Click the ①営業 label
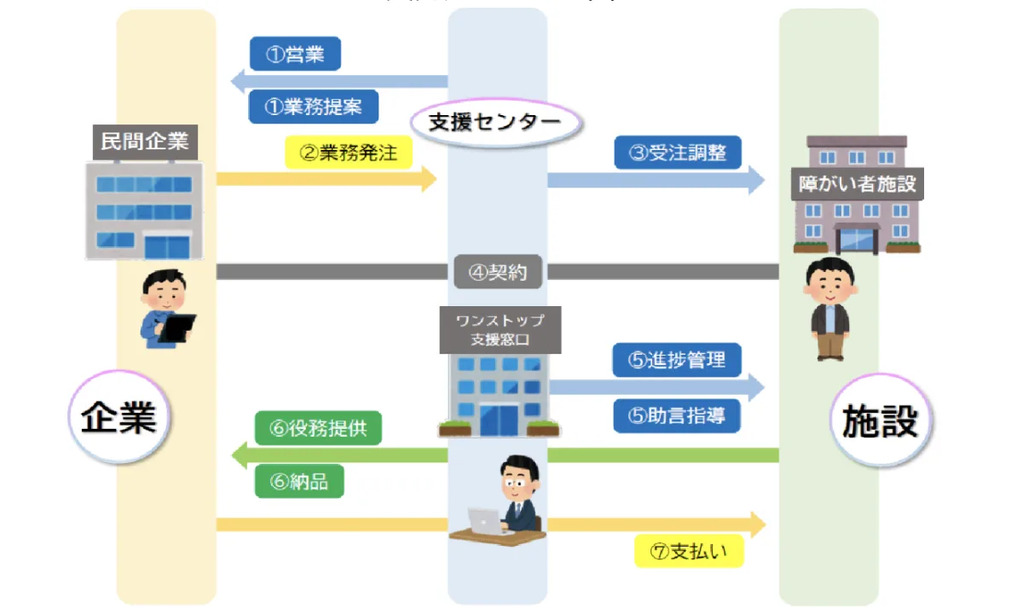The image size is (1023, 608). click(x=295, y=55)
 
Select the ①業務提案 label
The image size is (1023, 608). click(x=313, y=107)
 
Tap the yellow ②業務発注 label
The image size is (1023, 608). click(x=348, y=153)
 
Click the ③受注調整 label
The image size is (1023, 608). click(x=679, y=153)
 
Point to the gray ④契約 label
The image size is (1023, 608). click(x=498, y=272)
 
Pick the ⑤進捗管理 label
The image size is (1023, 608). click(x=677, y=360)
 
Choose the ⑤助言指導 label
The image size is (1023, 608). click(x=677, y=416)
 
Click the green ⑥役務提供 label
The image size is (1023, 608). click(x=319, y=428)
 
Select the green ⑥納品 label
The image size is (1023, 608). click(x=299, y=482)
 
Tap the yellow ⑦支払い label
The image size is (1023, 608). click(x=689, y=551)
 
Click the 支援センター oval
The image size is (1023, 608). click(x=495, y=123)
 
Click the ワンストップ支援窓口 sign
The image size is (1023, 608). click(x=500, y=330)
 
